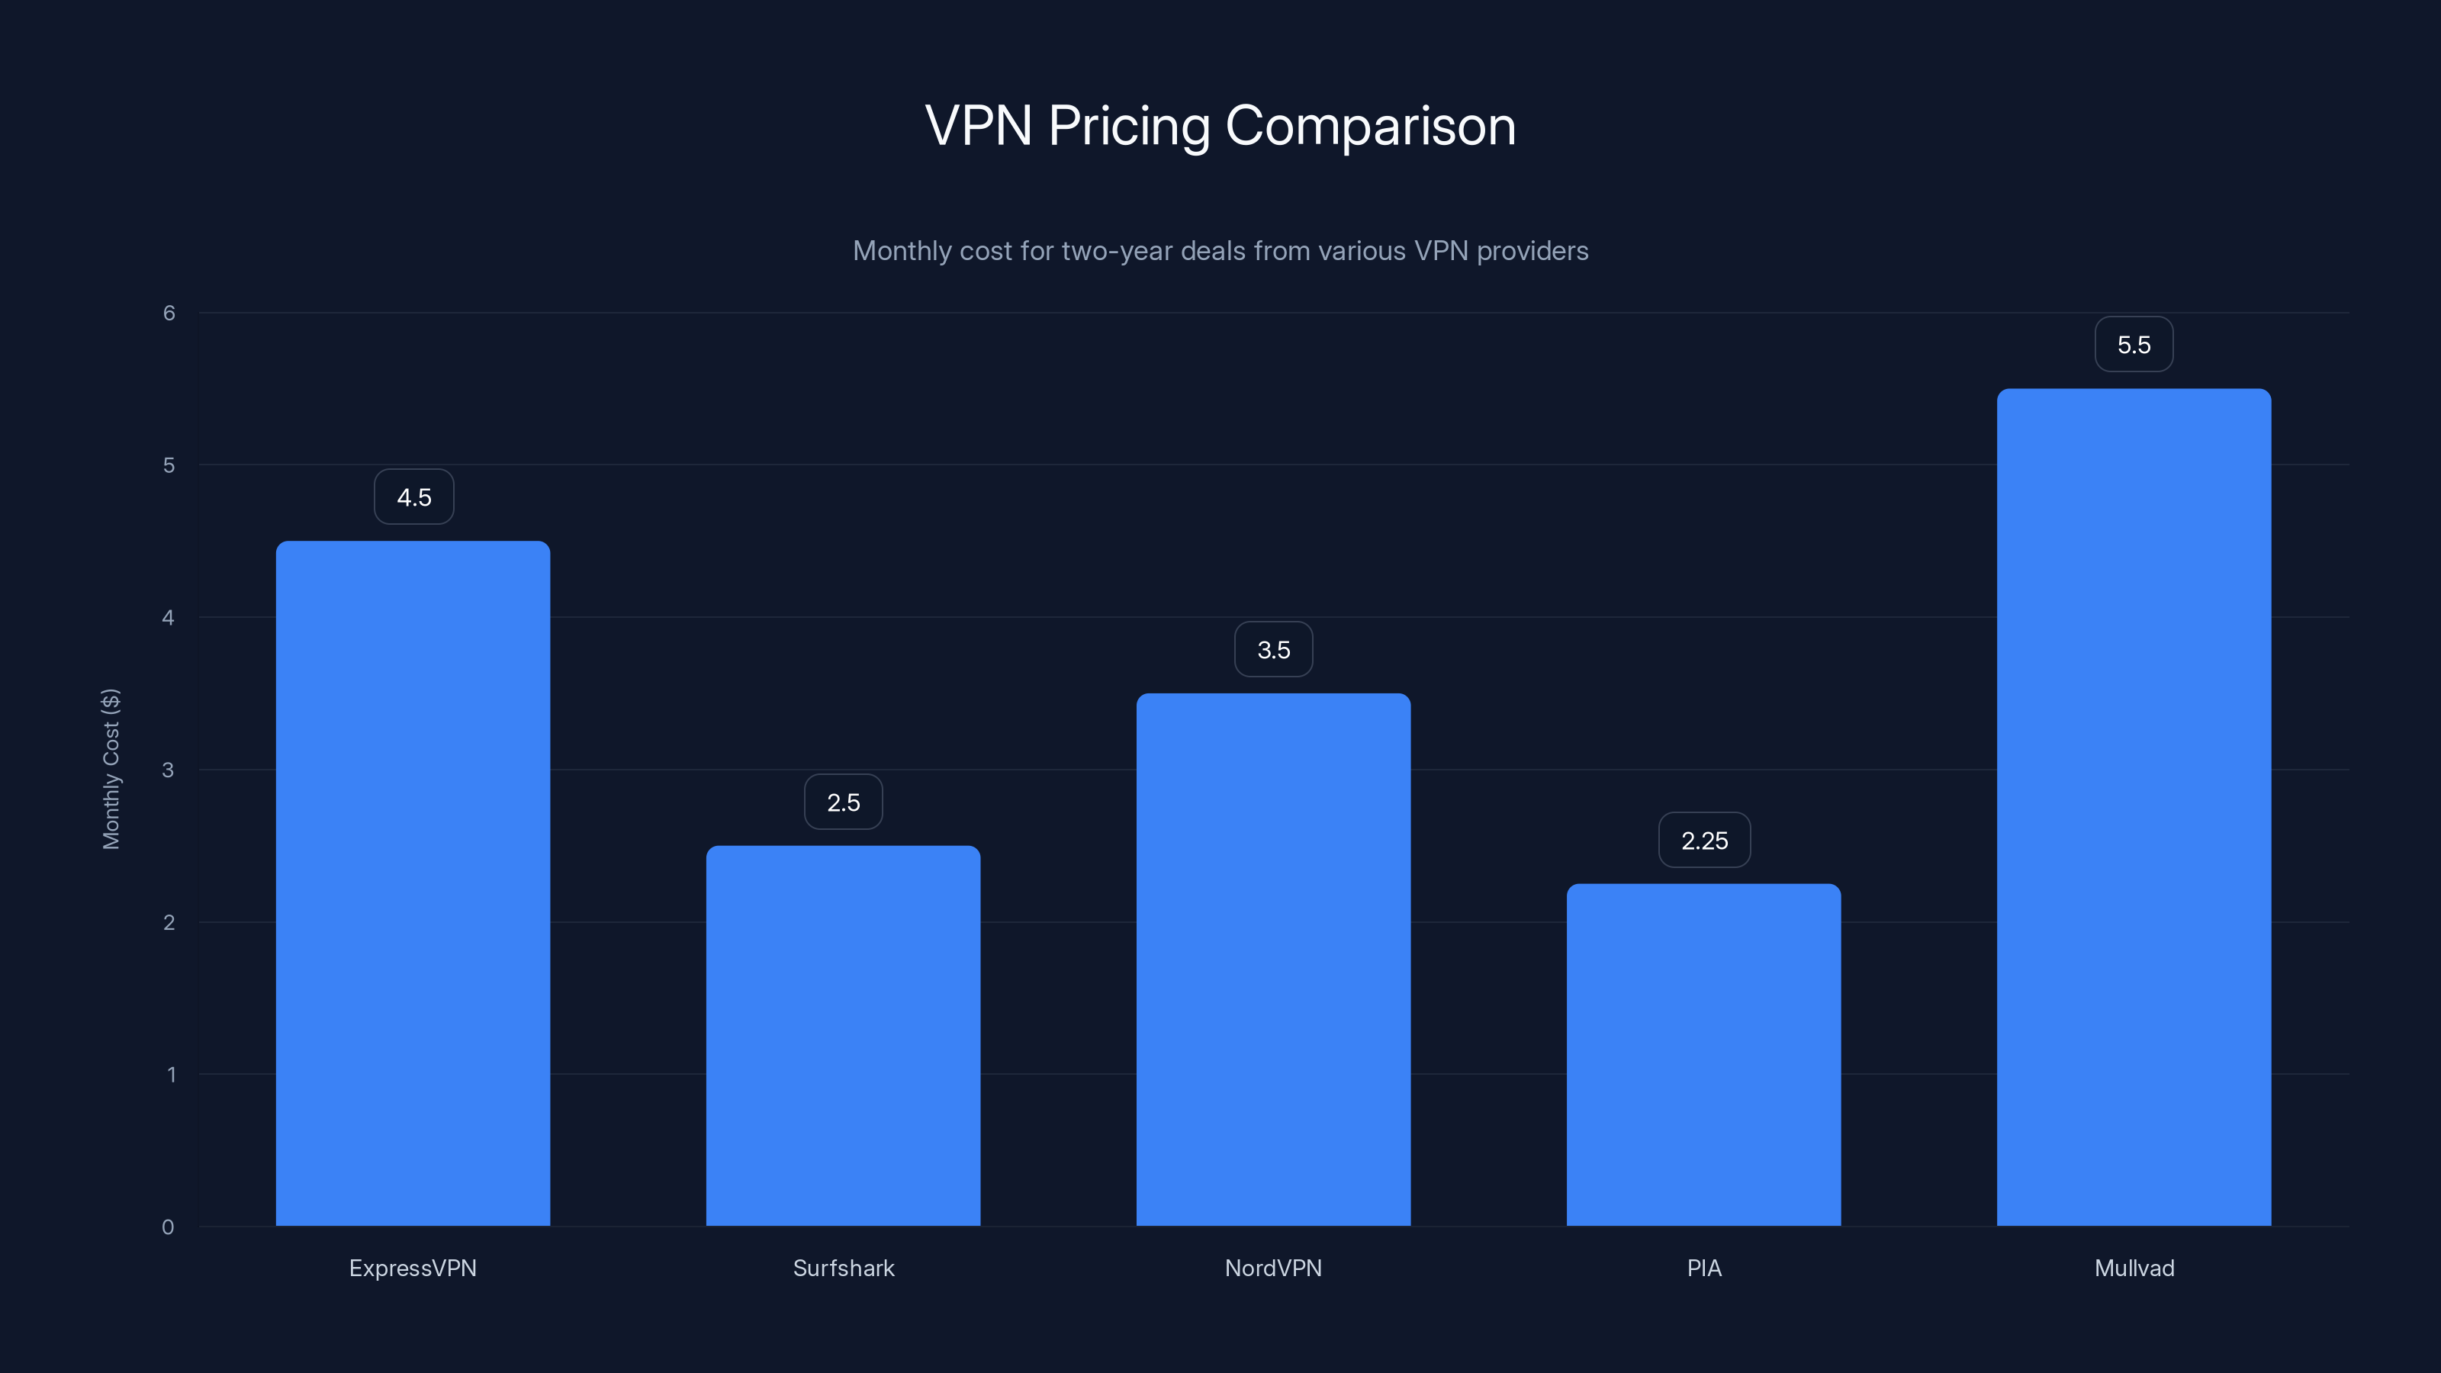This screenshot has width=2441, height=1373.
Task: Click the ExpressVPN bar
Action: [x=413, y=883]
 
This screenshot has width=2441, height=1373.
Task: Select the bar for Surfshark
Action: [x=844, y=1036]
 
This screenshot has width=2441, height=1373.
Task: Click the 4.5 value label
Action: [x=414, y=497]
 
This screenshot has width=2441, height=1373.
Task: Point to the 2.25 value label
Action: [x=1704, y=841]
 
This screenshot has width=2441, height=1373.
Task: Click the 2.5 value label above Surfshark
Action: [x=844, y=802]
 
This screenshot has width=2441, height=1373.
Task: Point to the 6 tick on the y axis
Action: [x=169, y=314]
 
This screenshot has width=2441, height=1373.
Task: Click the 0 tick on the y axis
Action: [x=168, y=1227]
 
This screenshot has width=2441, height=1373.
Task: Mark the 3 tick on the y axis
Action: [x=168, y=770]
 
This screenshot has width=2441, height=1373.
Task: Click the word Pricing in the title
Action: [x=1129, y=127]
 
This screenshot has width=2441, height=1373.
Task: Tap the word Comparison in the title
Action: [x=1369, y=127]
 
